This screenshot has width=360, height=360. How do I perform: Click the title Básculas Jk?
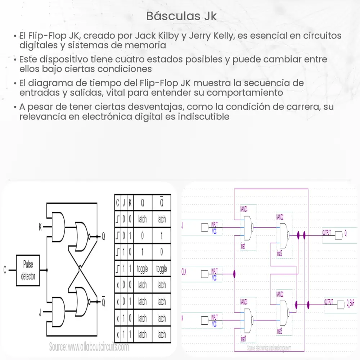click(182, 16)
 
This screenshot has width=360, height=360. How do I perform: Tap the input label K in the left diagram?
click(40, 227)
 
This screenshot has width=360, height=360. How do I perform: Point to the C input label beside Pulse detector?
click(5, 270)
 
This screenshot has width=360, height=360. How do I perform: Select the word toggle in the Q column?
click(142, 269)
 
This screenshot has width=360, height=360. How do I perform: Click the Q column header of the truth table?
click(142, 203)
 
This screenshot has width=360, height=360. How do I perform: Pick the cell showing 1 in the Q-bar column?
click(161, 236)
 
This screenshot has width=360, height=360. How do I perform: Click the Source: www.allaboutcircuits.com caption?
click(89, 347)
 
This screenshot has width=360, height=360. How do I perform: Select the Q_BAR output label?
click(350, 303)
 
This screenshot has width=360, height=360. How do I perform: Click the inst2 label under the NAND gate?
click(279, 253)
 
